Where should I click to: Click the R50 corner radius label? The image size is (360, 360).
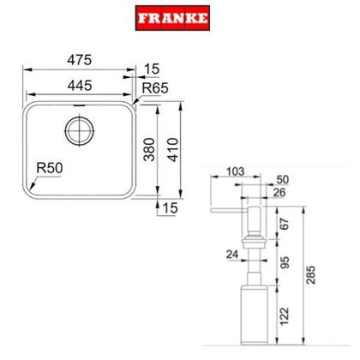point(47,169)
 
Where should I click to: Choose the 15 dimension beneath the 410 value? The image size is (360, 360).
point(171,207)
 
